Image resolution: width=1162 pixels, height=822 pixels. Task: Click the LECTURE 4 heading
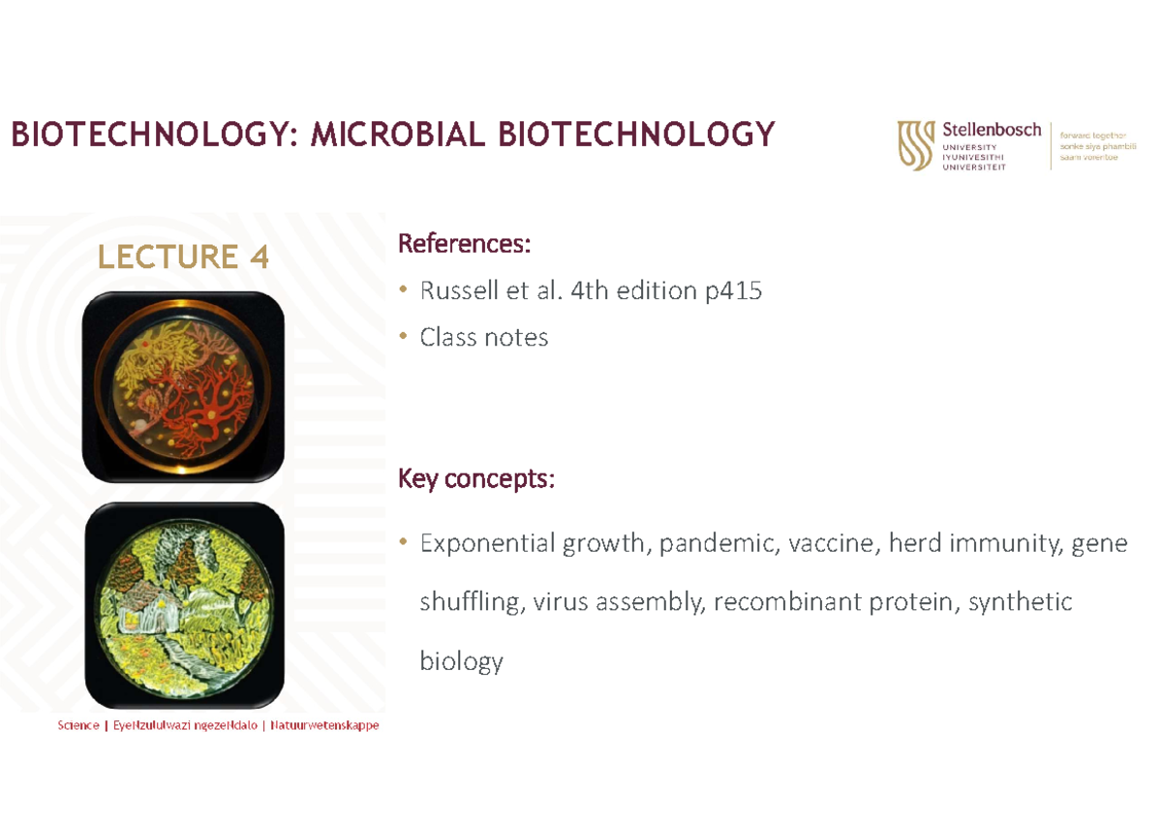click(182, 257)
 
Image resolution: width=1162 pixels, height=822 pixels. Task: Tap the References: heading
click(465, 244)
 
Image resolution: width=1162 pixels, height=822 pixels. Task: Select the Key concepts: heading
click(476, 479)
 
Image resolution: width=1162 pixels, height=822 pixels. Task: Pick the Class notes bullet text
click(484, 337)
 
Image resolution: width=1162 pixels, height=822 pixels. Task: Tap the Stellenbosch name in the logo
click(992, 130)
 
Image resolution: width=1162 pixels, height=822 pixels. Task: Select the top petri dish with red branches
click(183, 385)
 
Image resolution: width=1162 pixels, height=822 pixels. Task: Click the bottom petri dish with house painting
click(183, 605)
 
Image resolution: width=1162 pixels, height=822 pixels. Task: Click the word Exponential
click(489, 544)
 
